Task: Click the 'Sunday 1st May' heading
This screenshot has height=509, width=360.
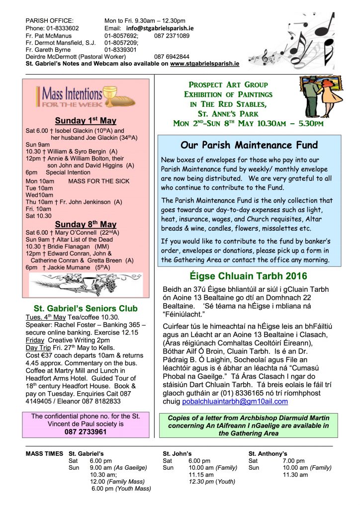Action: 86,121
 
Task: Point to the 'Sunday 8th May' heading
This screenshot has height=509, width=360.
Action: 86,225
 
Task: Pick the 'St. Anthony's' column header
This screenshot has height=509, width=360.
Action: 268,454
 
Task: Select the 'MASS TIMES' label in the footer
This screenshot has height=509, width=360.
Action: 44,454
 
